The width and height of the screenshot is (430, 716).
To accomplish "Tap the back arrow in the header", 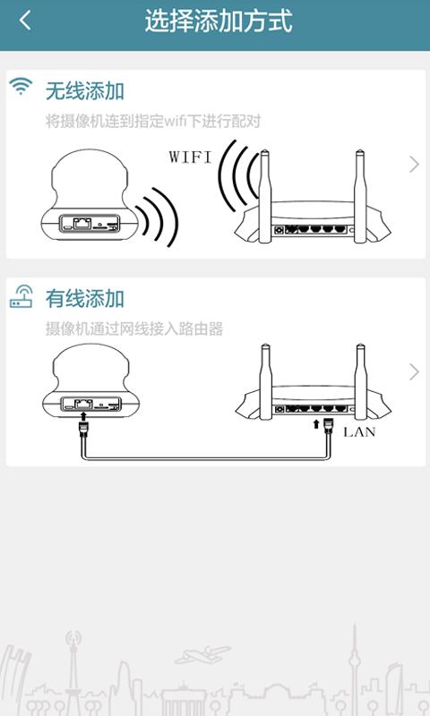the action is point(25,21).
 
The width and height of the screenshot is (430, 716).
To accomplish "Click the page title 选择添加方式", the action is point(219,21).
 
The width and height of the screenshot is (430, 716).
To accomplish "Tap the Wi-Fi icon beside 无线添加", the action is point(21,86).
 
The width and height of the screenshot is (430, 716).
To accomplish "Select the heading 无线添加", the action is point(85,91).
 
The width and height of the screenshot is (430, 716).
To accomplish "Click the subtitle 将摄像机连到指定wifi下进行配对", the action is point(153,122).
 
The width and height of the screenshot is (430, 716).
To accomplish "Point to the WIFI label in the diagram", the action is point(190,158).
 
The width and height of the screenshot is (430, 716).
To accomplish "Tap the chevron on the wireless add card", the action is point(414,165).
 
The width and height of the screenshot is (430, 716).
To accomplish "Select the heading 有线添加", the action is point(85,299).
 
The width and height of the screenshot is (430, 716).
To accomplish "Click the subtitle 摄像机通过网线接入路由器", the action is point(134,328).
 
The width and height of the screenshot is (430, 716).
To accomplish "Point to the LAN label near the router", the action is point(359,431).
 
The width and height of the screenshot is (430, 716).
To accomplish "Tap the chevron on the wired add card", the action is point(414,372).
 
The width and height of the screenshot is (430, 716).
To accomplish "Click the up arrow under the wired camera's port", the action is point(83,416).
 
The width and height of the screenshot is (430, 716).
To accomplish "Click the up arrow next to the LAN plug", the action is point(315,424).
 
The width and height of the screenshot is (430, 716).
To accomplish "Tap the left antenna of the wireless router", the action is point(264,195).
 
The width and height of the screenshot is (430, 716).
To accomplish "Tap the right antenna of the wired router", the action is point(360,382).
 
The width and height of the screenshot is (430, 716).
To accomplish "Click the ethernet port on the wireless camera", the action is point(82,223).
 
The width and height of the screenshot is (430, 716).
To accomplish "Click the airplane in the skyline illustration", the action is point(202,654).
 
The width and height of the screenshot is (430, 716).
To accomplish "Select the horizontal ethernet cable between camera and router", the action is point(206,457).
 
